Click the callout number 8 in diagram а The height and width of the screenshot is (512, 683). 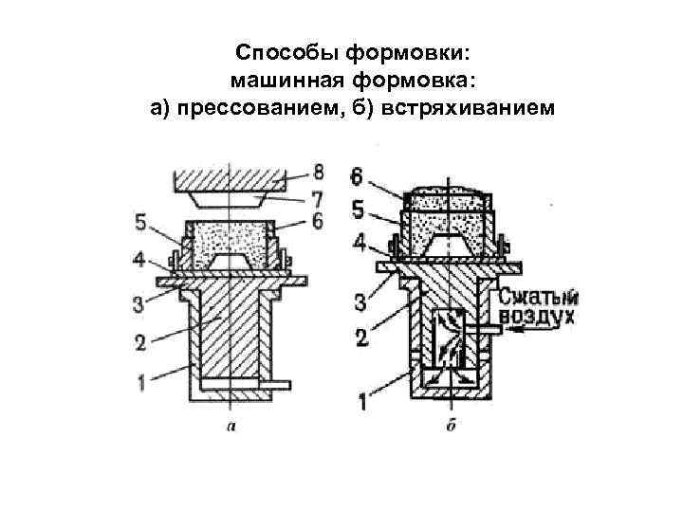click(318, 173)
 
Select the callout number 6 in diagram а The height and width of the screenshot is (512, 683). click(318, 220)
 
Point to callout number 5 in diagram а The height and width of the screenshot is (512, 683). click(139, 224)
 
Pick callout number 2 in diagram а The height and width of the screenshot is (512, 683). click(139, 342)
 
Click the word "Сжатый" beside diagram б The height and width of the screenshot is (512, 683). click(538, 296)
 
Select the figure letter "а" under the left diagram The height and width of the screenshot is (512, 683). click(231, 426)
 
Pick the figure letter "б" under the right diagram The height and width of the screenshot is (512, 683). click(450, 426)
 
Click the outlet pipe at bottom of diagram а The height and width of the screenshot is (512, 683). click(276, 384)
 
